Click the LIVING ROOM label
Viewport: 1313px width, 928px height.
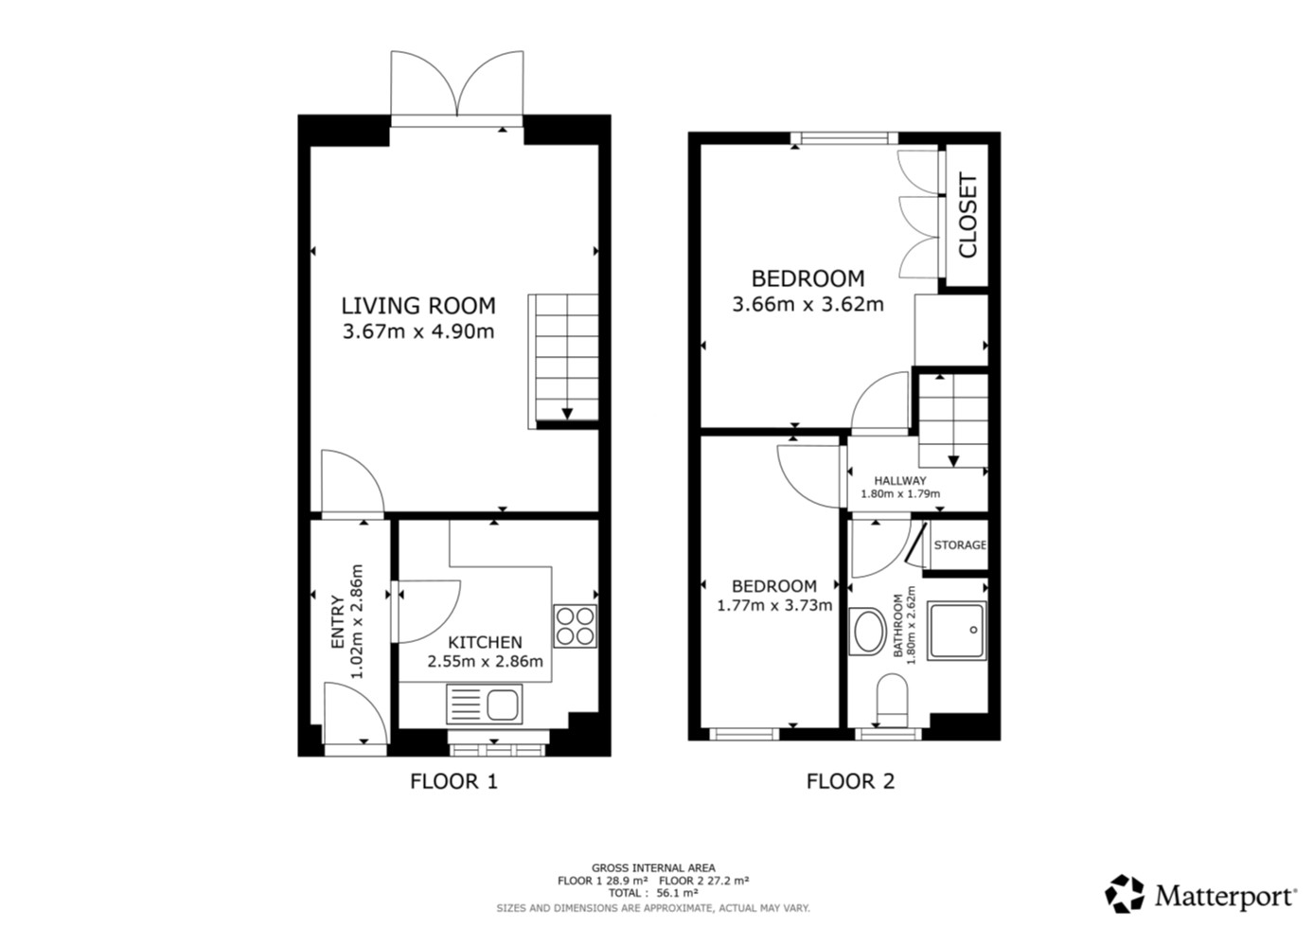click(x=418, y=306)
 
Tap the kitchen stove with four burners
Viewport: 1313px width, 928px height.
click(x=575, y=626)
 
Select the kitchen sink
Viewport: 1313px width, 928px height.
click(x=484, y=705)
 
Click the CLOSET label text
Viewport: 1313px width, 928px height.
click(x=967, y=215)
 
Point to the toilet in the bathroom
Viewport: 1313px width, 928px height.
click(x=892, y=701)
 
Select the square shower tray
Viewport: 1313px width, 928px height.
click(x=957, y=631)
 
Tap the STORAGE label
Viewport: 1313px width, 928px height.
click(x=960, y=545)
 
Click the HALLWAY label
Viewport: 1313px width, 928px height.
click(x=900, y=481)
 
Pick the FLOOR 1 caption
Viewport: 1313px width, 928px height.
click(x=453, y=781)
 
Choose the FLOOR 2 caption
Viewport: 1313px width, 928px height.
click(x=850, y=781)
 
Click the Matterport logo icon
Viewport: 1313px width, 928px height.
click(x=1125, y=894)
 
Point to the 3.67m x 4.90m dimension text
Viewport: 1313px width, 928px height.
click(x=418, y=331)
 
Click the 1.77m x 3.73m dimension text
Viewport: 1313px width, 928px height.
click(x=774, y=605)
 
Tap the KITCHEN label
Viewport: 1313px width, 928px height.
click(x=485, y=643)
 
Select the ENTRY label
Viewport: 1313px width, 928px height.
click(x=337, y=621)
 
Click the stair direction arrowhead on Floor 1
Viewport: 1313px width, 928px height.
click(x=567, y=414)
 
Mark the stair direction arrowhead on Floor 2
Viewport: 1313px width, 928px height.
click(x=953, y=461)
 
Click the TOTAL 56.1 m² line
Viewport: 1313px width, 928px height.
click(x=653, y=893)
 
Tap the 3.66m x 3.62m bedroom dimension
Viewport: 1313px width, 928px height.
click(x=807, y=305)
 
